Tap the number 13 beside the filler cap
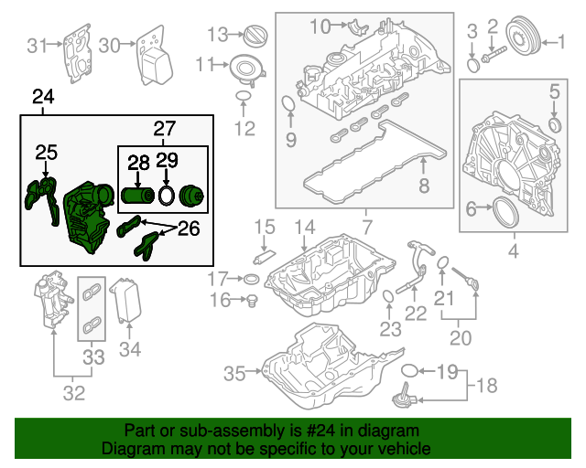(217, 35)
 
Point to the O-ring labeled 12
(244, 98)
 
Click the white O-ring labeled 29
(166, 196)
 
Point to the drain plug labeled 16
(247, 299)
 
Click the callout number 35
(235, 373)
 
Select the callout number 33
(93, 357)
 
